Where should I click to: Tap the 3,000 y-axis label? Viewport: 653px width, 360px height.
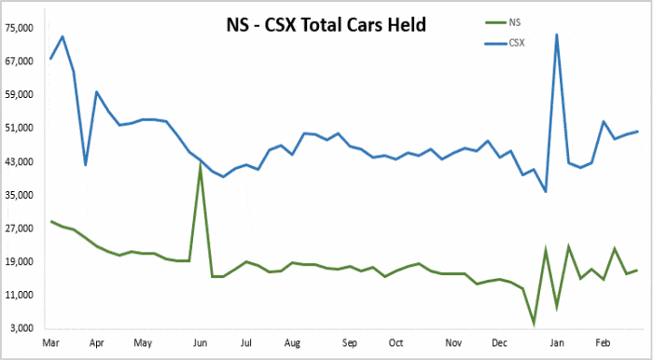[x=21, y=328]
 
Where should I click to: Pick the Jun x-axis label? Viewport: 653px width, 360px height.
[x=200, y=343]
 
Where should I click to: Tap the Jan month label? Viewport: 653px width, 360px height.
[x=557, y=343]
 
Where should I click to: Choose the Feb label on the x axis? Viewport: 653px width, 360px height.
[x=604, y=343]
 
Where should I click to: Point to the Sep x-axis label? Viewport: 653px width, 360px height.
[x=349, y=343]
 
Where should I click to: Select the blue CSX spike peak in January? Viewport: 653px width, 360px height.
[x=557, y=35]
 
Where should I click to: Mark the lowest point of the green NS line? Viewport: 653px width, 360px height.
[x=534, y=324]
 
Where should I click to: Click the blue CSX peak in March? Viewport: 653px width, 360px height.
[x=63, y=37]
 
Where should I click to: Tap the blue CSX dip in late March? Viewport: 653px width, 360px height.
[x=86, y=165]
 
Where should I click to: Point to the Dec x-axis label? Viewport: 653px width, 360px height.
[x=499, y=343]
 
